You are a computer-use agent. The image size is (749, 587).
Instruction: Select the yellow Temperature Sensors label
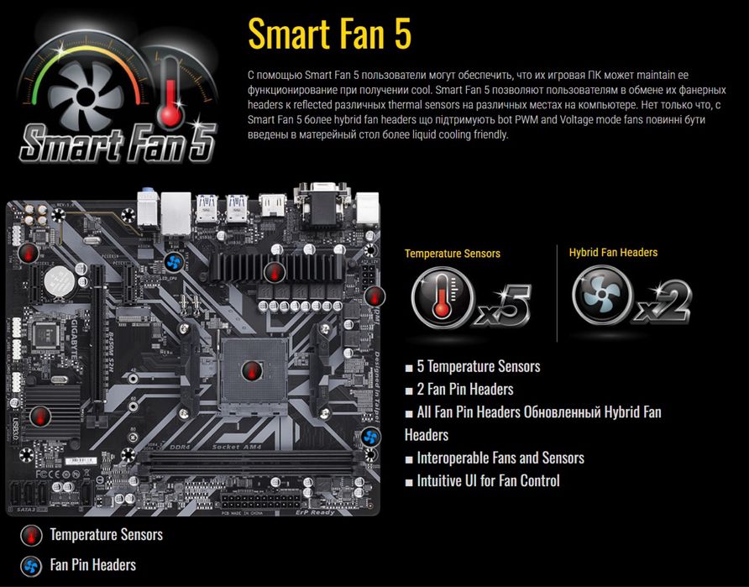(452, 253)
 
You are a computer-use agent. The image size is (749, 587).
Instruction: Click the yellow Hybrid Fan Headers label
(613, 252)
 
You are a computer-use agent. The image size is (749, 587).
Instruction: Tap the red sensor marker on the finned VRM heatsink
(274, 270)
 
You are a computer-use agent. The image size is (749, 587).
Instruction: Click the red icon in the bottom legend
(31, 535)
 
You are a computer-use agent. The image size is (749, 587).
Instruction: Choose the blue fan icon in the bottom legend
(31, 564)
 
